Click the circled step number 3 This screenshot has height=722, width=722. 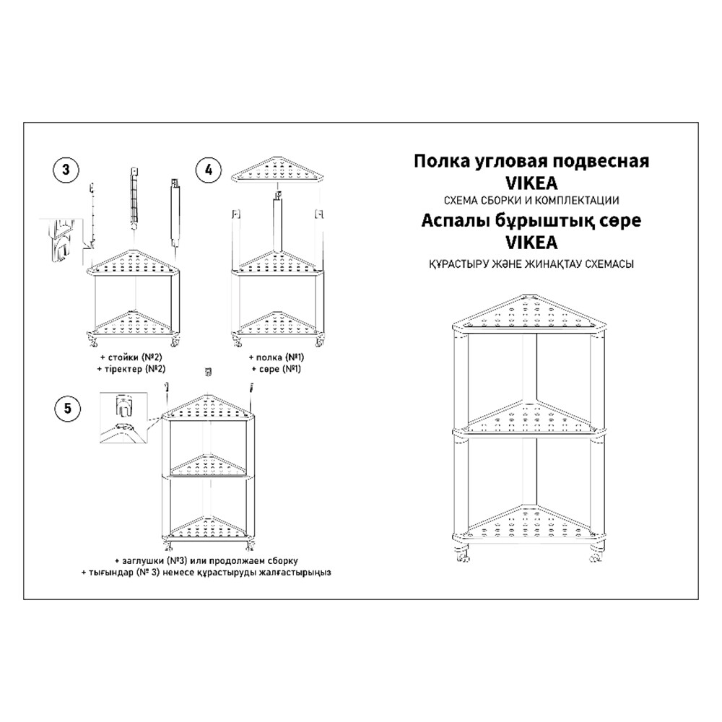(66, 170)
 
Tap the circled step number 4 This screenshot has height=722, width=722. (209, 170)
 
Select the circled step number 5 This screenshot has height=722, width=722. (68, 408)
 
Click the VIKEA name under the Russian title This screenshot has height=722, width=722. (532, 183)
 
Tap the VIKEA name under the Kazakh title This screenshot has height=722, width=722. (532, 242)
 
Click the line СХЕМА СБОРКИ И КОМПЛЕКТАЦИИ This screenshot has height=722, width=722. (531, 200)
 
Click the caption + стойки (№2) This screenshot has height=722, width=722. (131, 357)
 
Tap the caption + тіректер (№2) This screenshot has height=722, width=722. (131, 369)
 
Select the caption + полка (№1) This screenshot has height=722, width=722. (277, 357)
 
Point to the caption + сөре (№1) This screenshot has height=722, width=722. (277, 369)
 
